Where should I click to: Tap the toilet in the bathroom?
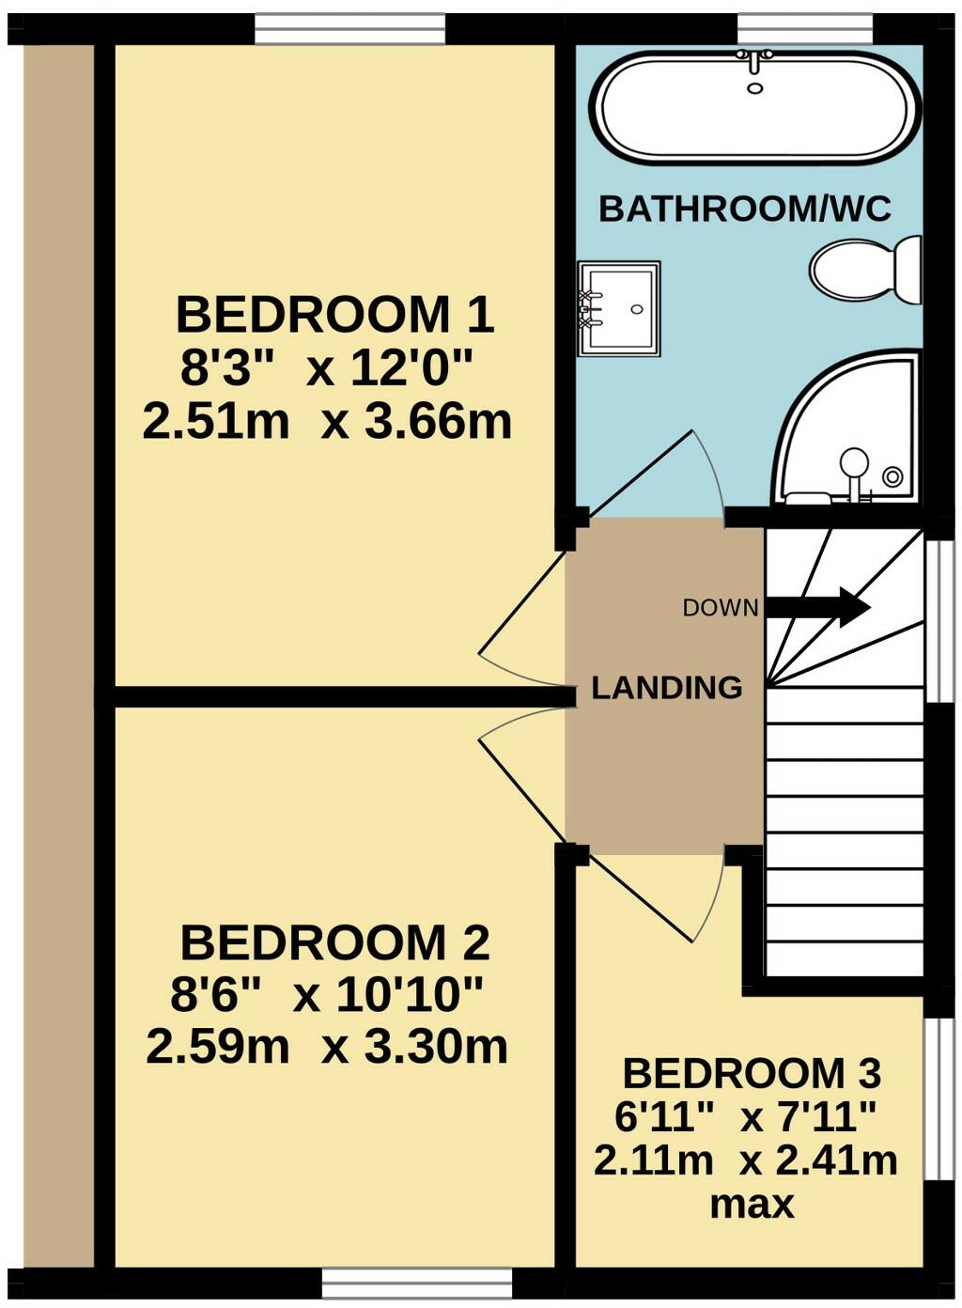coord(865,270)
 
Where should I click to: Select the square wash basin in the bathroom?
coord(617,308)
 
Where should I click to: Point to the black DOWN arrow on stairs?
coord(817,607)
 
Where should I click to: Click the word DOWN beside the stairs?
coord(720,608)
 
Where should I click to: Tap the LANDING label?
coord(666,688)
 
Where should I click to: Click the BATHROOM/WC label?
coord(744,209)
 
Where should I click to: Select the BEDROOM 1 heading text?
coord(334,315)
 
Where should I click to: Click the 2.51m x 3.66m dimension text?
coord(327,422)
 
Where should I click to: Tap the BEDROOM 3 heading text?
coord(751,1072)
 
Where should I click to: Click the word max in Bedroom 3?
coord(752,1204)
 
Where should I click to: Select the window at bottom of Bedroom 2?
coord(416,1283)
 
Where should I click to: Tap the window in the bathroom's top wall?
coord(804,28)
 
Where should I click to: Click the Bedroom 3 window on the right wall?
coord(936,1098)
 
